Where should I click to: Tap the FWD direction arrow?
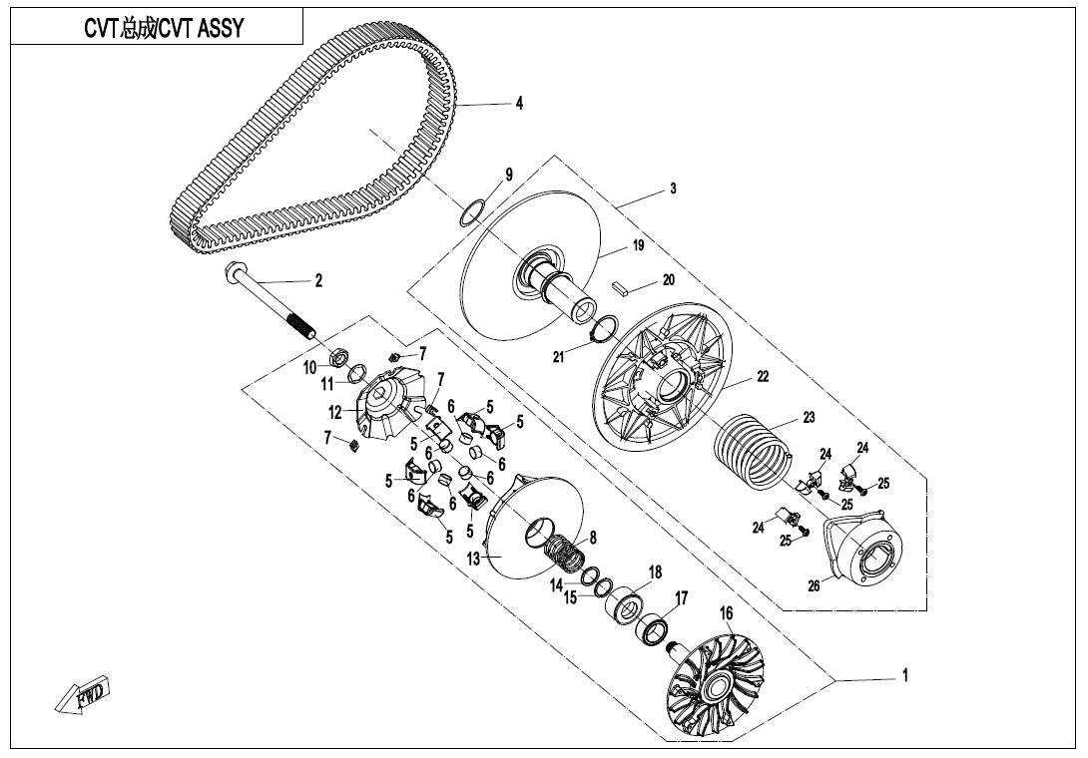click(x=84, y=694)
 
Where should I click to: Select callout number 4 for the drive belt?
click(x=519, y=103)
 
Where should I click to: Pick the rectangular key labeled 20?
click(x=621, y=286)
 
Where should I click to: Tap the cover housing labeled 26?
click(x=865, y=551)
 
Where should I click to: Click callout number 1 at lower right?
click(x=904, y=676)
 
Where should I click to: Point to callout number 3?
click(x=673, y=189)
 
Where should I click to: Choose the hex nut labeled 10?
click(x=337, y=352)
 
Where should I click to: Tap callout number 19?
click(x=637, y=245)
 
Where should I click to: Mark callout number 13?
click(x=474, y=560)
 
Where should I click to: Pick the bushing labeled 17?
click(x=657, y=629)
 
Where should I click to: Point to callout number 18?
click(x=655, y=572)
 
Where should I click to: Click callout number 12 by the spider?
click(x=335, y=411)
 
